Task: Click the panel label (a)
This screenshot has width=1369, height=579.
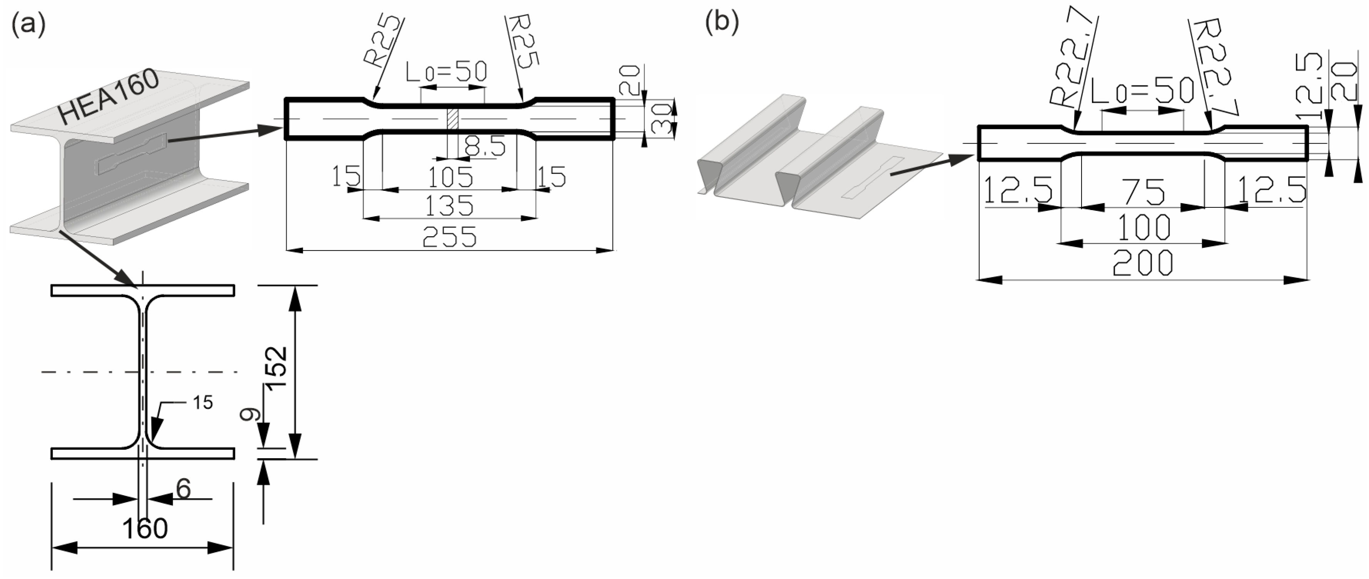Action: (x=28, y=24)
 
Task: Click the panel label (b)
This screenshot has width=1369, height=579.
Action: (x=722, y=24)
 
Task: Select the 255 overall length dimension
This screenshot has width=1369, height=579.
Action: (x=449, y=237)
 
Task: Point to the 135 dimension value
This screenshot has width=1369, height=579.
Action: (x=449, y=205)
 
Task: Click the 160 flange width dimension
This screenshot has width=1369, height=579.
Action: (x=145, y=529)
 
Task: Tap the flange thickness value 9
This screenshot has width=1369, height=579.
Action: (x=248, y=414)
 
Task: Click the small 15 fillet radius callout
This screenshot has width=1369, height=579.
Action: (x=202, y=403)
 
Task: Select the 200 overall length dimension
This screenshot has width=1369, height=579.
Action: (x=1143, y=263)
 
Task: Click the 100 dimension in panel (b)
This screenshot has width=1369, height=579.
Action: (x=1144, y=227)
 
